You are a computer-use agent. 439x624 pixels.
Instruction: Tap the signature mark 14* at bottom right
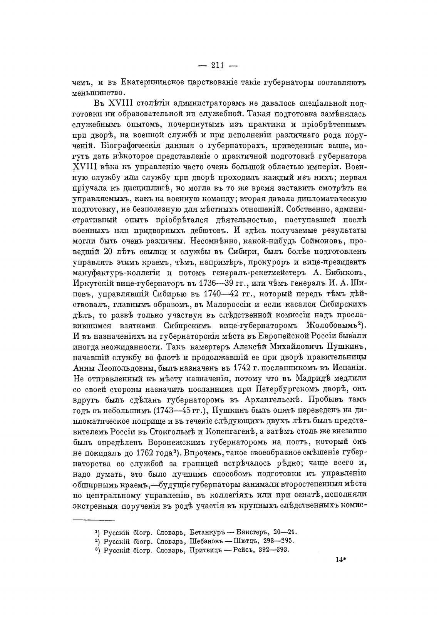(341, 559)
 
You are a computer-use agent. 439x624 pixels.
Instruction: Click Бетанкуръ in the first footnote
(208, 532)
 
